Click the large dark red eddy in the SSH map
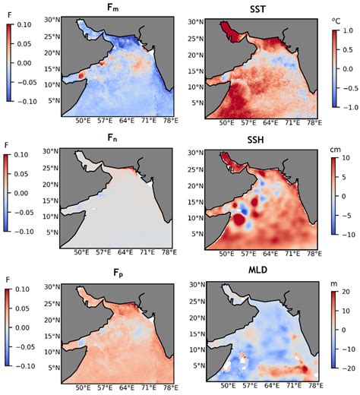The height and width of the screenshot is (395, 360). [x=239, y=220]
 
